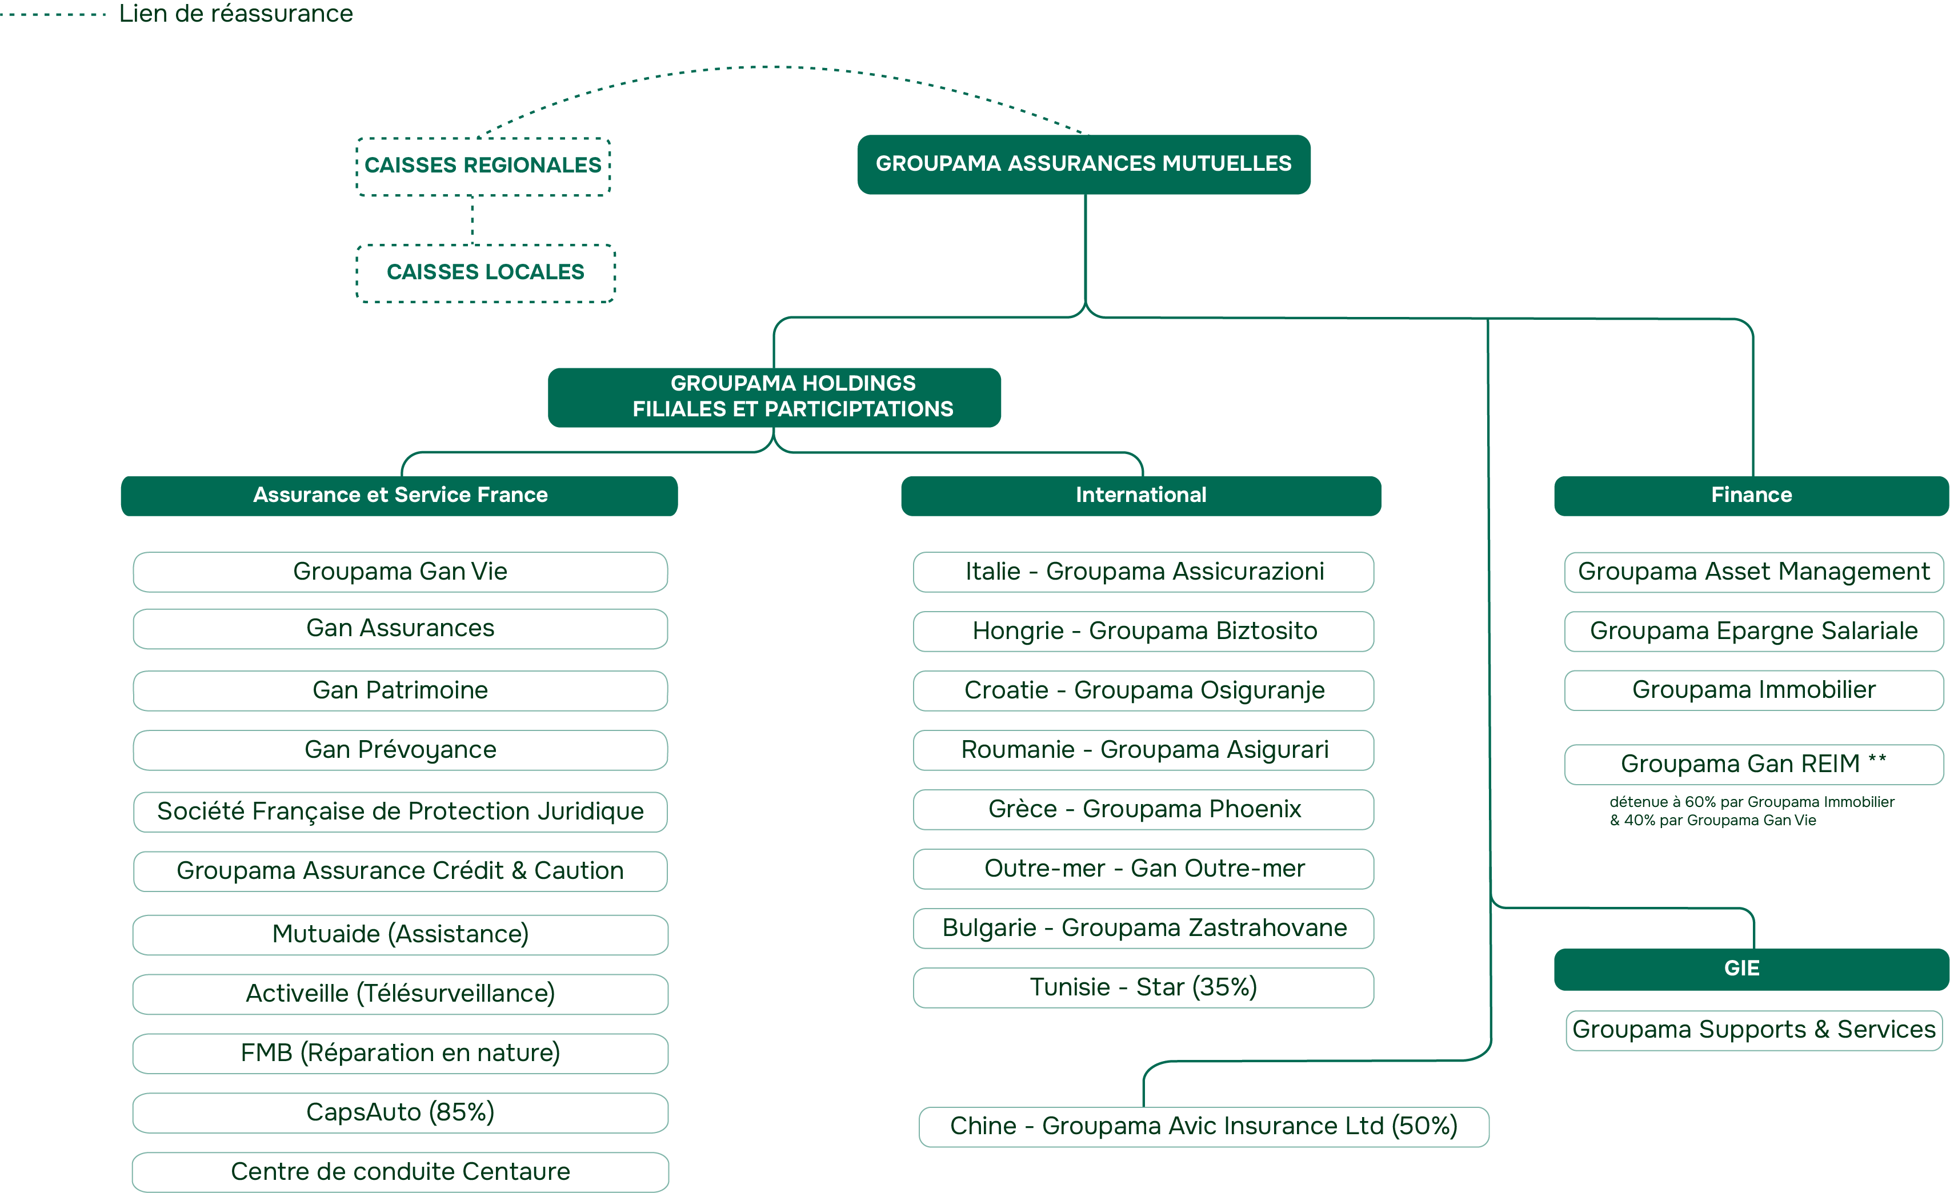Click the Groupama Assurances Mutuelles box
(1083, 164)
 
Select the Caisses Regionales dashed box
(483, 166)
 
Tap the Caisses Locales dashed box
(485, 273)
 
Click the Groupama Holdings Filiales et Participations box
(774, 397)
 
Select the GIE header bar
(1751, 969)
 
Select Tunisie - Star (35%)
(1143, 987)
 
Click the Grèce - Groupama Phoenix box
(1143, 809)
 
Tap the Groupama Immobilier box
(1753, 690)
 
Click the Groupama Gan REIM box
(1753, 764)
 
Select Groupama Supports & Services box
(1753, 1030)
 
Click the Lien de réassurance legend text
(236, 14)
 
